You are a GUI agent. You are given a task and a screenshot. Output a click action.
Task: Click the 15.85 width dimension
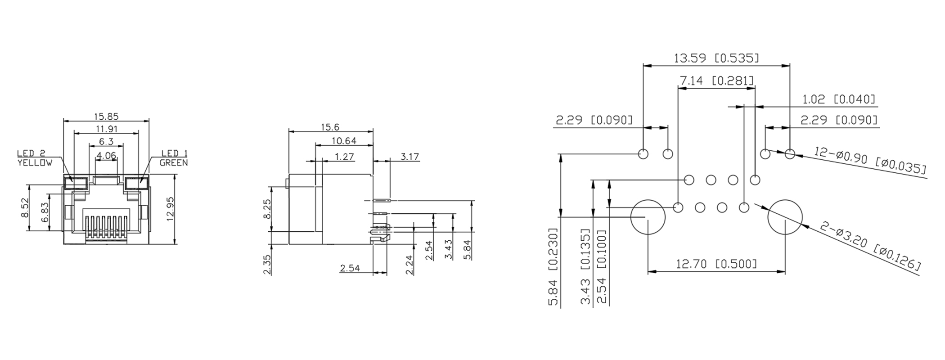click(106, 117)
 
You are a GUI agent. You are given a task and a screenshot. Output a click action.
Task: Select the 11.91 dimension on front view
click(106, 129)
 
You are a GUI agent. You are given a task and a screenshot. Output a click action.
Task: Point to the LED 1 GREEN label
click(174, 158)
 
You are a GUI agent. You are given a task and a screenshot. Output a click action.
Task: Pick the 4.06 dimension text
click(106, 156)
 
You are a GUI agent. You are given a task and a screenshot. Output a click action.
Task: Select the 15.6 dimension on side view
click(330, 127)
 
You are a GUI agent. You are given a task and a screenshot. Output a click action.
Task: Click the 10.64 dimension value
click(344, 141)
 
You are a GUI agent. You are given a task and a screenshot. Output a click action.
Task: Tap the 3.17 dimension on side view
click(409, 157)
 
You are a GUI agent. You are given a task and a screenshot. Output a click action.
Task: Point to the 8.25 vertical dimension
click(266, 209)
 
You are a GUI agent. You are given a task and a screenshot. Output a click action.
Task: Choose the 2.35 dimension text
click(266, 264)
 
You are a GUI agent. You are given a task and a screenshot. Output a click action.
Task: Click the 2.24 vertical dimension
click(409, 265)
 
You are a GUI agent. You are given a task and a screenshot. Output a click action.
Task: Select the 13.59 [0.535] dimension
click(716, 58)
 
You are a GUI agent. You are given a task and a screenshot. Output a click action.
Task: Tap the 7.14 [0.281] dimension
click(716, 81)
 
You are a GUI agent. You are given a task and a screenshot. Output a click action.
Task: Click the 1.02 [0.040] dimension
click(839, 99)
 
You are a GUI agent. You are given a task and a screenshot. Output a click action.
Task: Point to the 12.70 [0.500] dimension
click(716, 264)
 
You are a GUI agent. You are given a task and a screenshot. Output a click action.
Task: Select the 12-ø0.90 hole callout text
click(870, 161)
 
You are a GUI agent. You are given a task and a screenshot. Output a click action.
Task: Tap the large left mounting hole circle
click(648, 217)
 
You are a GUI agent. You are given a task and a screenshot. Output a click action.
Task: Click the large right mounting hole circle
click(785, 217)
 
